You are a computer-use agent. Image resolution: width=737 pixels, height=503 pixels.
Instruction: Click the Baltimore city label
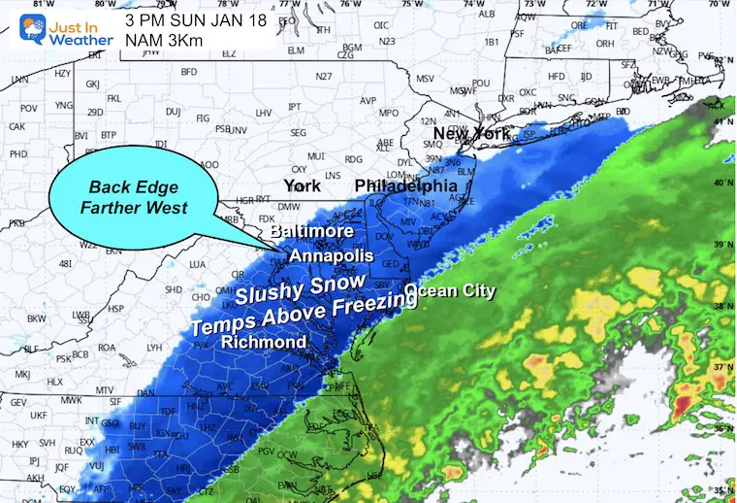pos(312,233)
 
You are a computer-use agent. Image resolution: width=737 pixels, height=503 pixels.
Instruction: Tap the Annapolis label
pos(331,255)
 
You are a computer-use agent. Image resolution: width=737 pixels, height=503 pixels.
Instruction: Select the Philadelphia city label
pos(405,184)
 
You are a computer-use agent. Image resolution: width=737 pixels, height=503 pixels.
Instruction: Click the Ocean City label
pos(450,290)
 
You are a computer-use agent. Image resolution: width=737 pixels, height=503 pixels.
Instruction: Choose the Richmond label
pos(264,342)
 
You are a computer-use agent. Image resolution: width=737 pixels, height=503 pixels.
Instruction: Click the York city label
pos(302,185)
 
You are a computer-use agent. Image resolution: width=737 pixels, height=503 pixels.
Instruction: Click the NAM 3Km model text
pos(161,40)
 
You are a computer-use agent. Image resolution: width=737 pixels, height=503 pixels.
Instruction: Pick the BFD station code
pos(188,71)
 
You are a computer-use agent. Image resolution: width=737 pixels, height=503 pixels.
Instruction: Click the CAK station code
pos(16,126)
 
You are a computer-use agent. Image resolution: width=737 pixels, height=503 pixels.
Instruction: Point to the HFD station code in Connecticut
pos(556,76)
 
